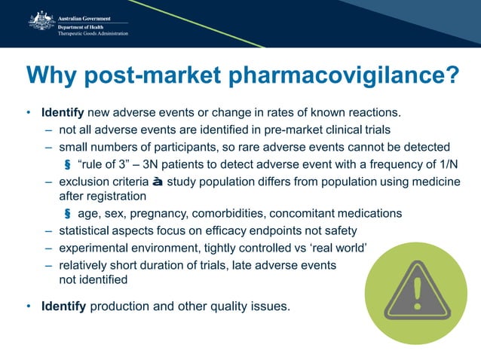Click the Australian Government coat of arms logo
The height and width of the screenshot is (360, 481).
coord(41,20)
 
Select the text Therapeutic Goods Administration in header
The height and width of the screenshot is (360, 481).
coord(93,35)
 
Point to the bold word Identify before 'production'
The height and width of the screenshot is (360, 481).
coord(64,307)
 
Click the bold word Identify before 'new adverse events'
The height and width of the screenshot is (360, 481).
coord(64,113)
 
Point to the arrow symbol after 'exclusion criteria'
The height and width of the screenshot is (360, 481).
coord(156,181)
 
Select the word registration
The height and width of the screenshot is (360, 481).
coord(112,196)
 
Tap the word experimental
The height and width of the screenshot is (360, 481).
coord(97,248)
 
